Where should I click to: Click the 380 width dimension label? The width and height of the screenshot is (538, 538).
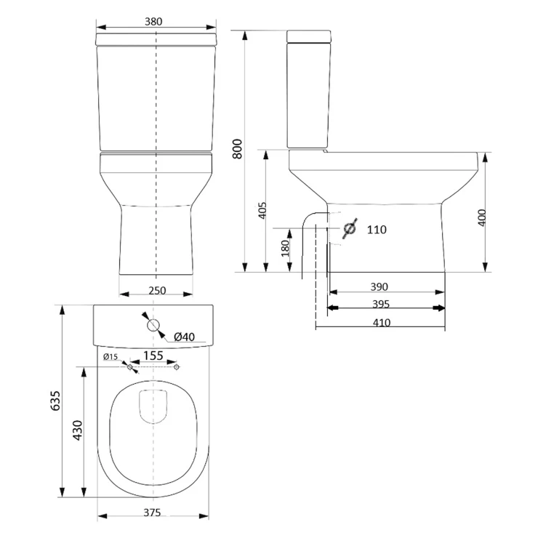point(153,22)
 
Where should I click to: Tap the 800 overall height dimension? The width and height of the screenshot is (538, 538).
point(237,149)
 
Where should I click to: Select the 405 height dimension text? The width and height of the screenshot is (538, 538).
point(262,210)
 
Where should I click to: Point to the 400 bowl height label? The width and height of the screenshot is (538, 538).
point(482,217)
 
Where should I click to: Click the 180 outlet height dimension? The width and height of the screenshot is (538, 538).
point(285,249)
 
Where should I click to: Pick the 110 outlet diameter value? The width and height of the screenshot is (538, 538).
point(377,230)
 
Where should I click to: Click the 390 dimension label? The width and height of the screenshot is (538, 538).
point(379,286)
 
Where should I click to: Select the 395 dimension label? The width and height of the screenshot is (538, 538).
point(381,304)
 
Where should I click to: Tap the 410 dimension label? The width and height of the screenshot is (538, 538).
point(382,323)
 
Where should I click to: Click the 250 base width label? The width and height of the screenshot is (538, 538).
point(157,291)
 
